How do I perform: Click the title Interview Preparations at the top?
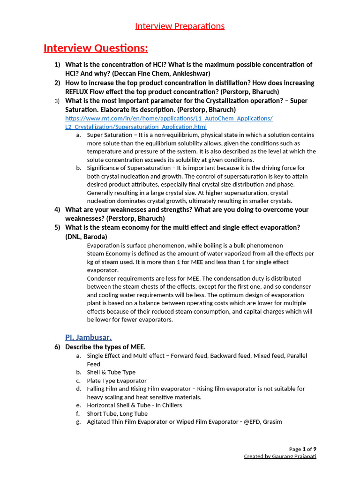180,26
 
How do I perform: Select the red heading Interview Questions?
96,48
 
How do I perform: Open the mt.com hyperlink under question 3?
169,118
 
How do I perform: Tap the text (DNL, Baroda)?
86,237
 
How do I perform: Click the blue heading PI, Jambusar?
88,337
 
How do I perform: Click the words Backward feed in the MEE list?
229,356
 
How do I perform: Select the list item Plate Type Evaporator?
117,381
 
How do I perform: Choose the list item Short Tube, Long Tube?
117,413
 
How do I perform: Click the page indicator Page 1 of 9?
302,449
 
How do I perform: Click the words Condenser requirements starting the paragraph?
117,278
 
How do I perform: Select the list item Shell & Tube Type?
111,372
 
